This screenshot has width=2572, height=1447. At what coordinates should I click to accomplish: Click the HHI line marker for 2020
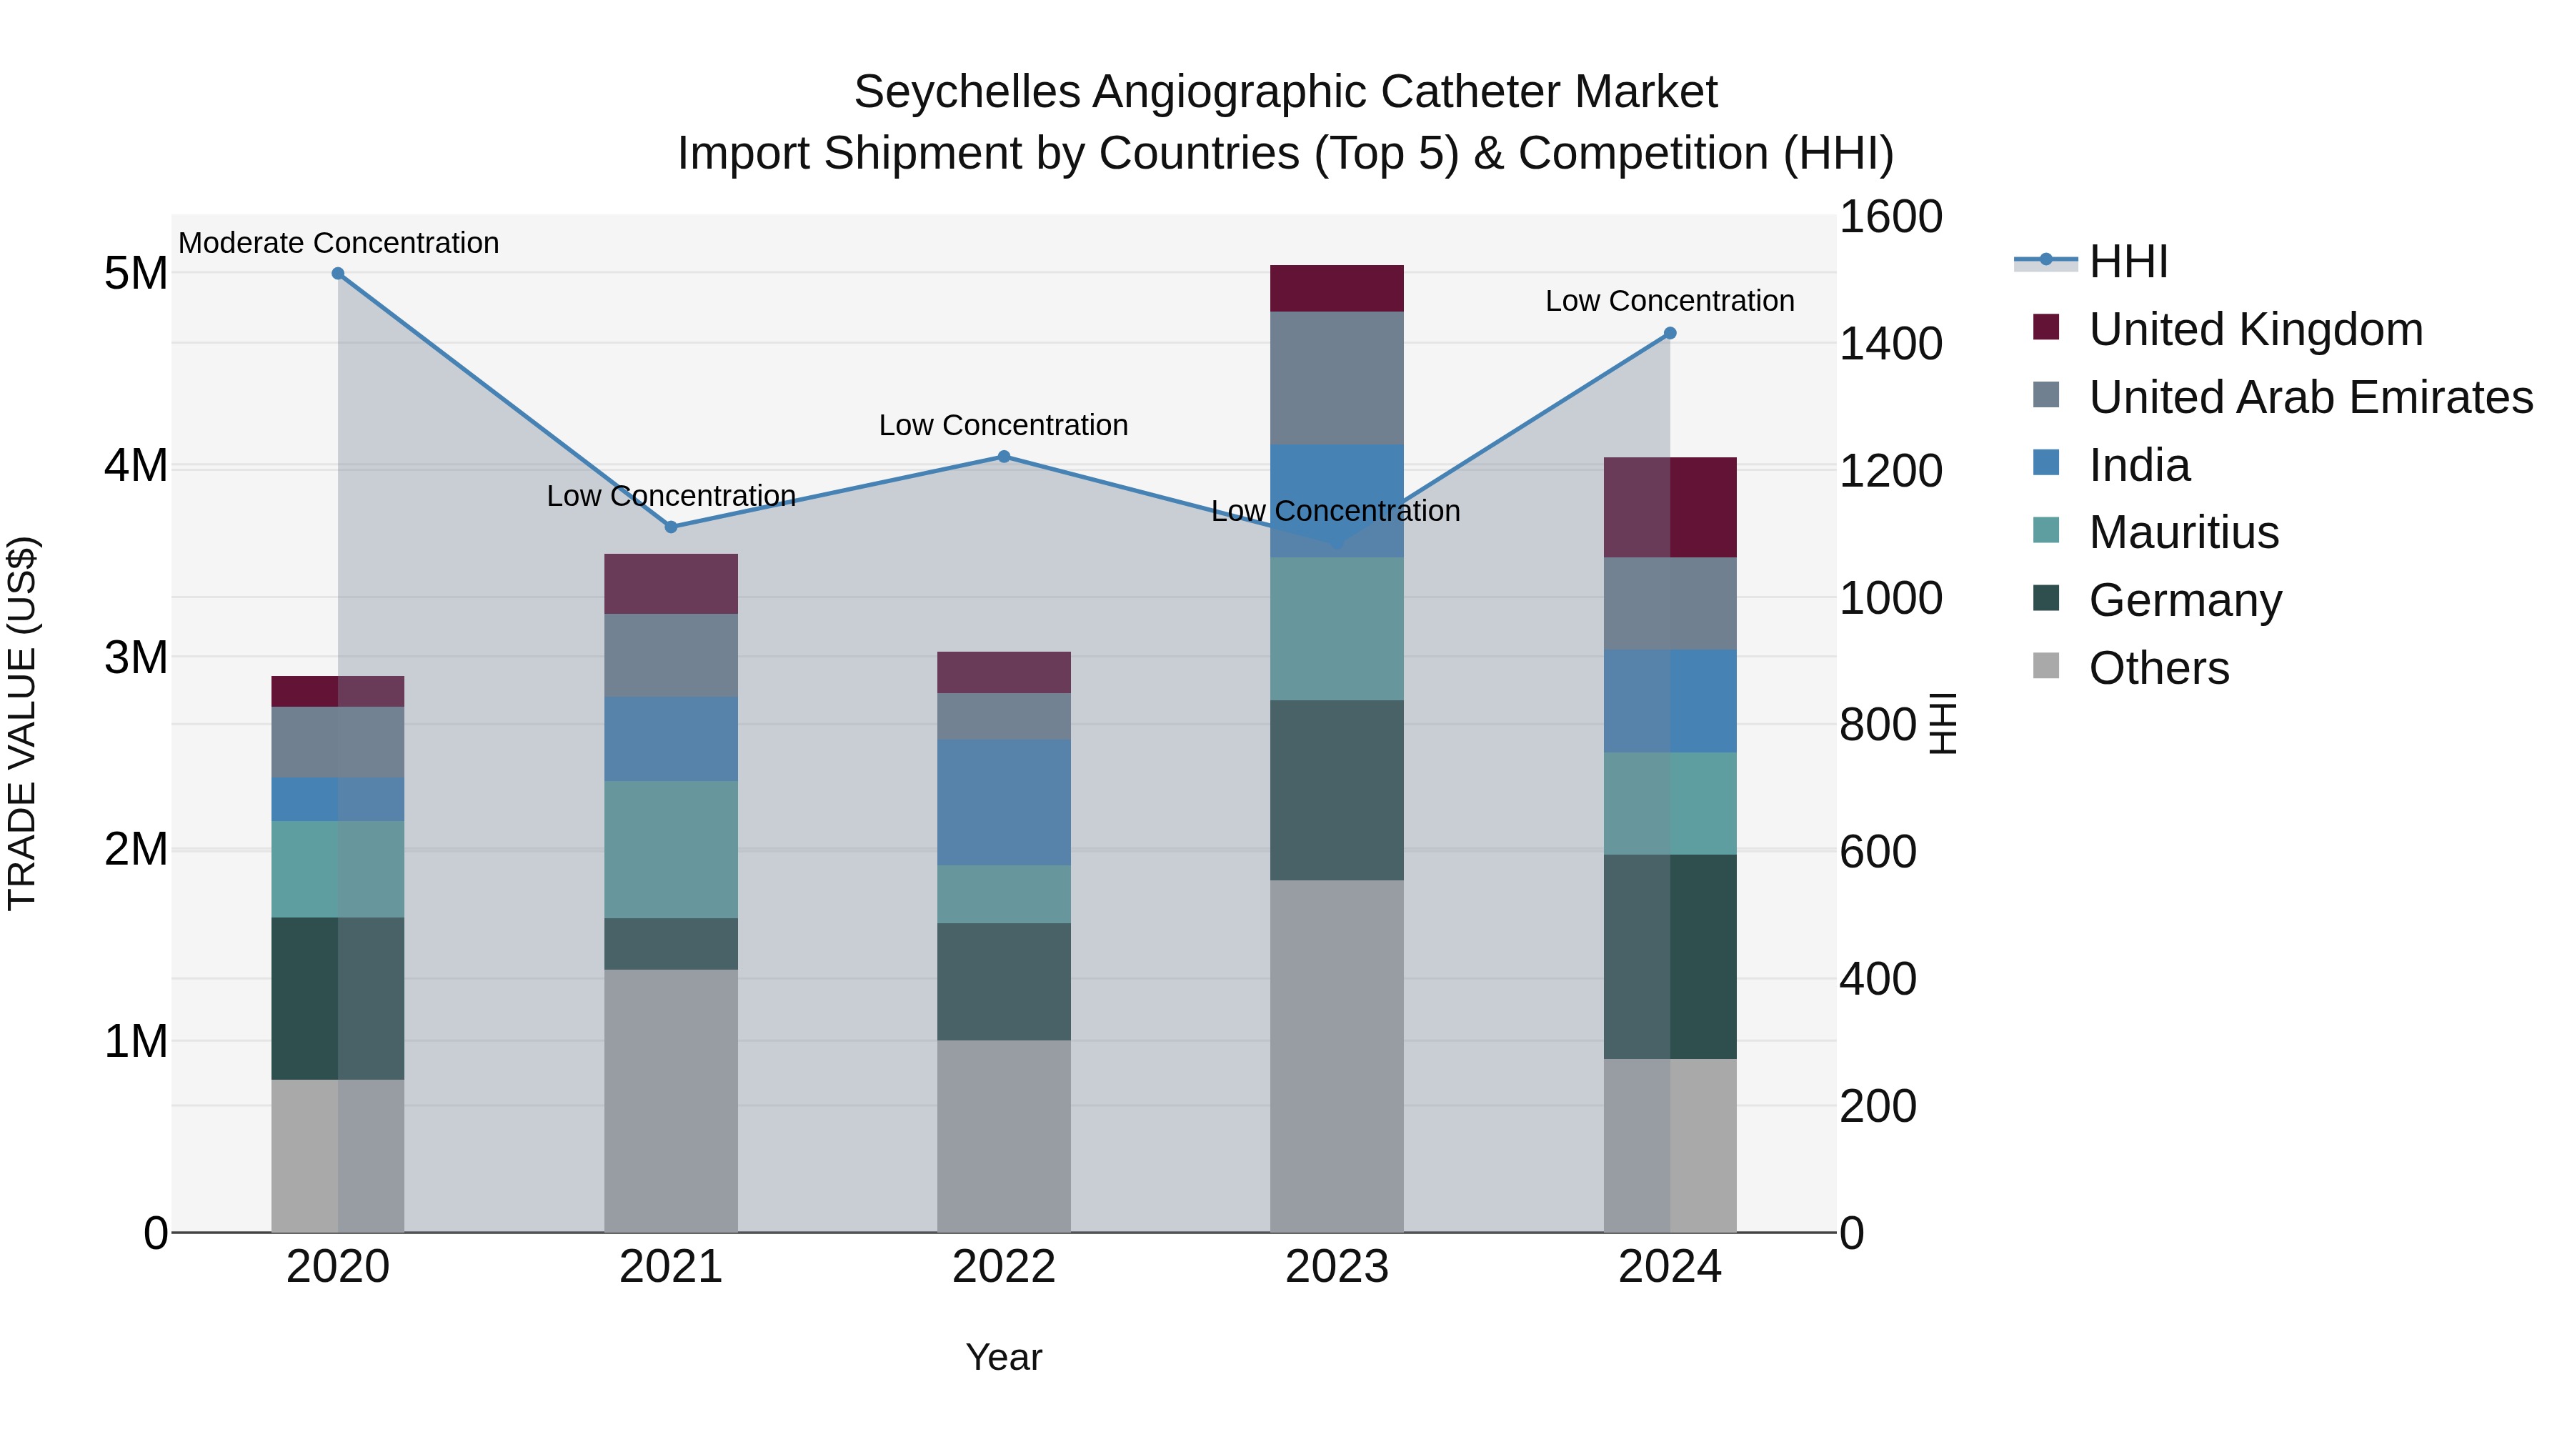(x=337, y=274)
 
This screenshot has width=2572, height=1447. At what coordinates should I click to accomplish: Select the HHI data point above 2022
(x=1005, y=457)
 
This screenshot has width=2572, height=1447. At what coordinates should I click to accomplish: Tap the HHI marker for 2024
(x=1670, y=334)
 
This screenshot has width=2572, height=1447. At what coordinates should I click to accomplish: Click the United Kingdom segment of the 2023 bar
(x=1336, y=289)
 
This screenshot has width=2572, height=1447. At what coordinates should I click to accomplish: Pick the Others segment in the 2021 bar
(x=671, y=1100)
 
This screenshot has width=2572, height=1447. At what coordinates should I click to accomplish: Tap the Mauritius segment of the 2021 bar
(x=671, y=849)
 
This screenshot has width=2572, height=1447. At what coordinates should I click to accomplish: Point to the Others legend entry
(x=2158, y=668)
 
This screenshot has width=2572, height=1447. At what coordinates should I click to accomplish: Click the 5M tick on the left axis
(x=136, y=274)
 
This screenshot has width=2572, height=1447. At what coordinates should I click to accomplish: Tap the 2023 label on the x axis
(x=1336, y=1267)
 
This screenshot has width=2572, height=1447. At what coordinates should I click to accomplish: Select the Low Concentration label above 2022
(x=1004, y=425)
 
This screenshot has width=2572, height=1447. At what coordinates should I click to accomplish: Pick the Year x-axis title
(x=1004, y=1357)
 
